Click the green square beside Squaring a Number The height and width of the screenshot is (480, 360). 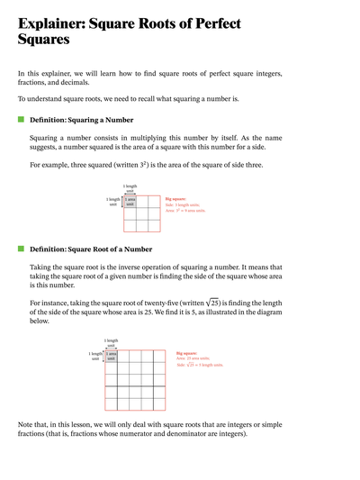[21, 119]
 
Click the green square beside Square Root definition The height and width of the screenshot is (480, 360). [21, 249]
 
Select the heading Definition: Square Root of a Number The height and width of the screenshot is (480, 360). [91, 249]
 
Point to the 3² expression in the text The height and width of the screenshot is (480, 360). [159, 165]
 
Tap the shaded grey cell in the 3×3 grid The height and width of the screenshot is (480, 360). [130, 202]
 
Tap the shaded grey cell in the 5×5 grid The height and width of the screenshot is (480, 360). [111, 356]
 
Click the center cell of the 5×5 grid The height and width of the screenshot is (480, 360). [134, 379]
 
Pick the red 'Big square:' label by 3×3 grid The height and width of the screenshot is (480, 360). [176, 198]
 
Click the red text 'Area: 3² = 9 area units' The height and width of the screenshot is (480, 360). [185, 210]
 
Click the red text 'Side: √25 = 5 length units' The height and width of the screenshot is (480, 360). [199, 365]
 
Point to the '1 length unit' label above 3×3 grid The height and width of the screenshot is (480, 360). [130, 188]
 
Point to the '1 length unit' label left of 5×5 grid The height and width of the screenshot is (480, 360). [95, 356]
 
